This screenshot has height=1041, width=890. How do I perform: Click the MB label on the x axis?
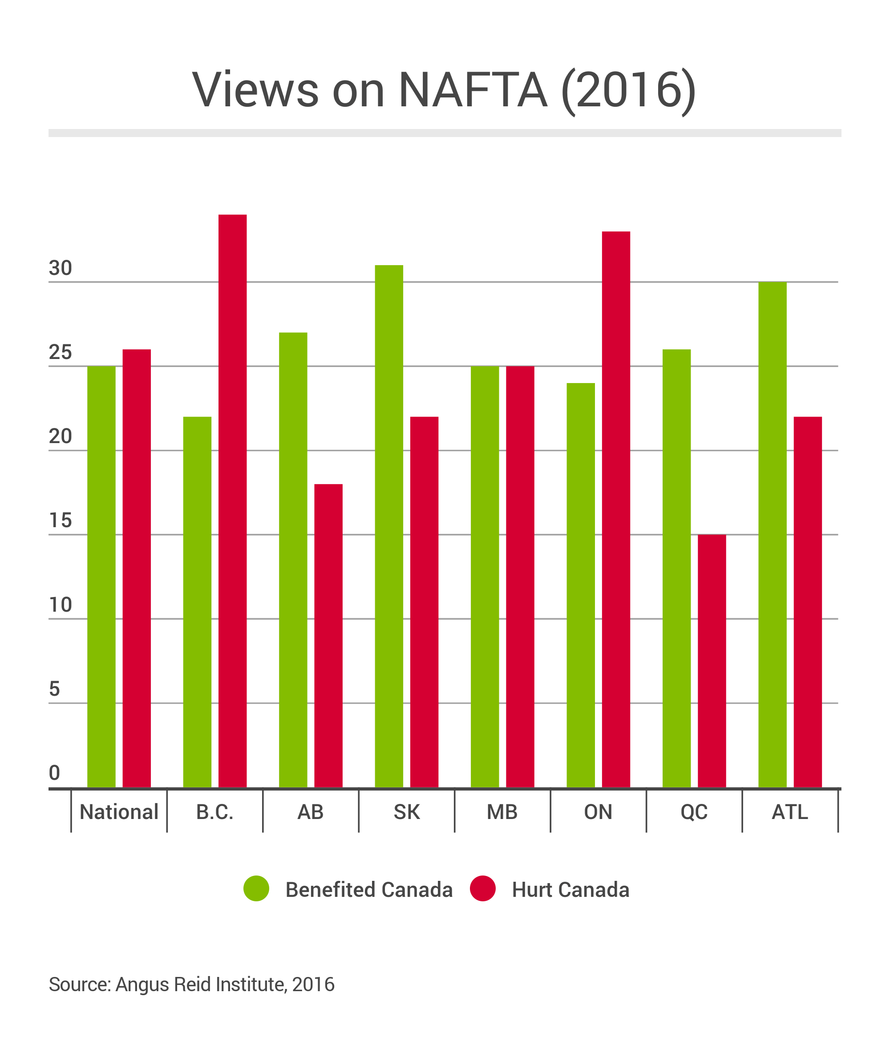point(502,812)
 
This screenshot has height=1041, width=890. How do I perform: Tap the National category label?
point(119,812)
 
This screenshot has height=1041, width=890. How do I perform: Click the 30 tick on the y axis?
point(61,269)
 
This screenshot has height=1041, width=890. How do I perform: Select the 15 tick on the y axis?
point(61,521)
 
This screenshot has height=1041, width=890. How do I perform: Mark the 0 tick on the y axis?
point(54,773)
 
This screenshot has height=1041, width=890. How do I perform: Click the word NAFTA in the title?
point(473,90)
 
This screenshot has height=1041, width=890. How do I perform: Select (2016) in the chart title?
point(628,90)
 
